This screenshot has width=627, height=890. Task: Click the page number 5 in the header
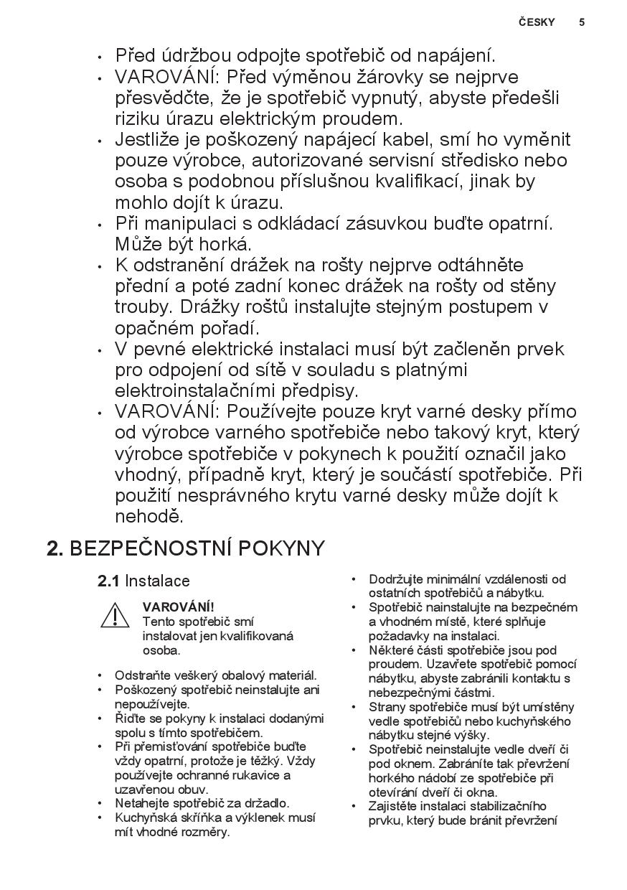582,22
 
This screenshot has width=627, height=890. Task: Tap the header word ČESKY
537,22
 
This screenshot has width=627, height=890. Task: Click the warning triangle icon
115,615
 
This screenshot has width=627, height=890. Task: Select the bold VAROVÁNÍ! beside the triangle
178,607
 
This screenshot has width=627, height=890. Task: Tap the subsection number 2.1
108,581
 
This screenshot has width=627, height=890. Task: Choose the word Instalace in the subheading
158,581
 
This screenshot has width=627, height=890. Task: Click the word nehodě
149,516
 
